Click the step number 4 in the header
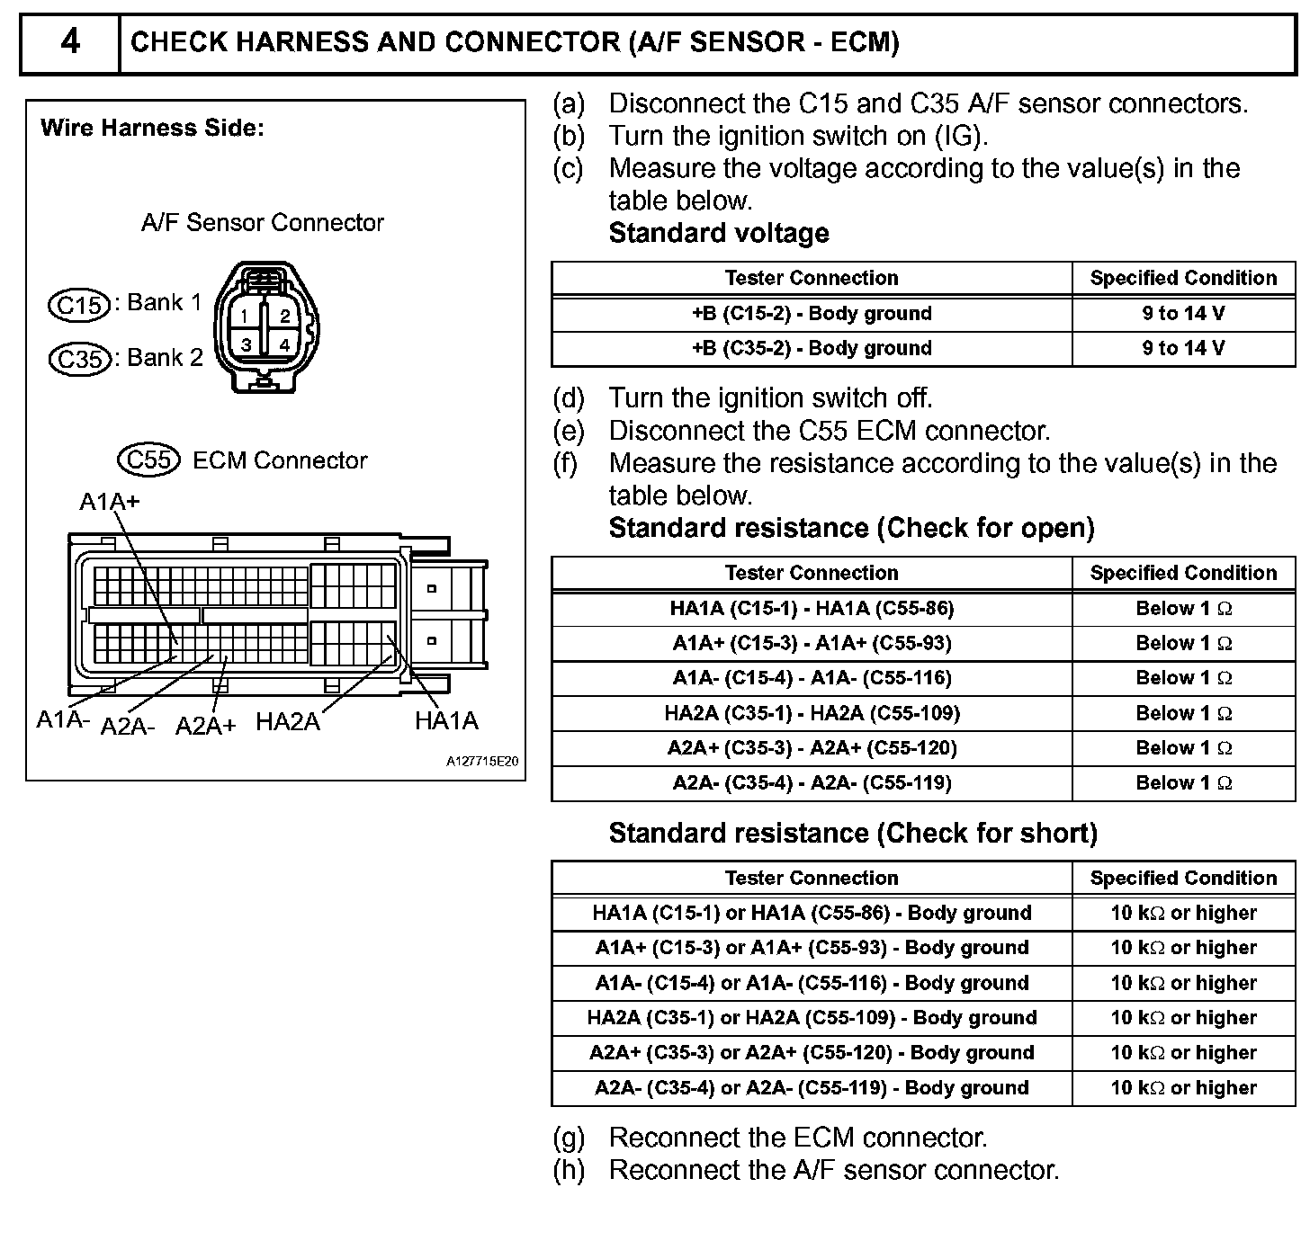pos(70,42)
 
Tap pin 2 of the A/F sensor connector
pos(285,316)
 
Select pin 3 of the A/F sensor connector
pos(246,344)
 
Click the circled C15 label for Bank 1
pos(79,305)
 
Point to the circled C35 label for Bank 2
pos(79,360)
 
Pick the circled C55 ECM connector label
pos(148,460)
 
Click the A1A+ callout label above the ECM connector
pos(110,501)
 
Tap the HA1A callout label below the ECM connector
pos(446,721)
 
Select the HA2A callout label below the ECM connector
pos(288,722)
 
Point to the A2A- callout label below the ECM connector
pos(128,727)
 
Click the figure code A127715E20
pos(482,762)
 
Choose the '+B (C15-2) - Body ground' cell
pos(812,314)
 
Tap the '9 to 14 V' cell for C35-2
pos(1183,349)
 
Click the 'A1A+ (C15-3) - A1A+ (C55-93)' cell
pos(812,644)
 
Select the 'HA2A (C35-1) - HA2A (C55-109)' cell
pos(812,714)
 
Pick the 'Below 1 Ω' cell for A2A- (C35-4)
pos(1183,783)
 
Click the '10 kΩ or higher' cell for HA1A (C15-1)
pos(1183,914)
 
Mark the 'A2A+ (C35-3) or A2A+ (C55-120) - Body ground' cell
pos(812,1053)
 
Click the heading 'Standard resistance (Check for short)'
pos(853,834)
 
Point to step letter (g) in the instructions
pos(569,1138)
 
